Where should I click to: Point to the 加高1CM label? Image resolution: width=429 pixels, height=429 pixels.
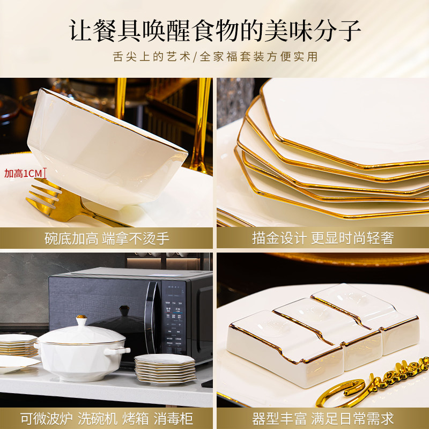click(x=23, y=173)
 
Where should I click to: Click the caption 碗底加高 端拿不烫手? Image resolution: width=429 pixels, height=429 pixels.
click(x=107, y=238)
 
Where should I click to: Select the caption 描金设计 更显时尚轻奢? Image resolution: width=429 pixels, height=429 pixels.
click(x=322, y=238)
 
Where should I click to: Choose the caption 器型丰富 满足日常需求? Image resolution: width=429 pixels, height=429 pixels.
click(x=322, y=417)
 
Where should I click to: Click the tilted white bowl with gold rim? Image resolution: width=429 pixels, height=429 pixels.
click(x=107, y=145)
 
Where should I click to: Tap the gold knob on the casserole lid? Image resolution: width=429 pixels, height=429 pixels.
click(x=82, y=321)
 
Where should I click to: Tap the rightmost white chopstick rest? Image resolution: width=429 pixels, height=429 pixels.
click(x=370, y=316)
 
